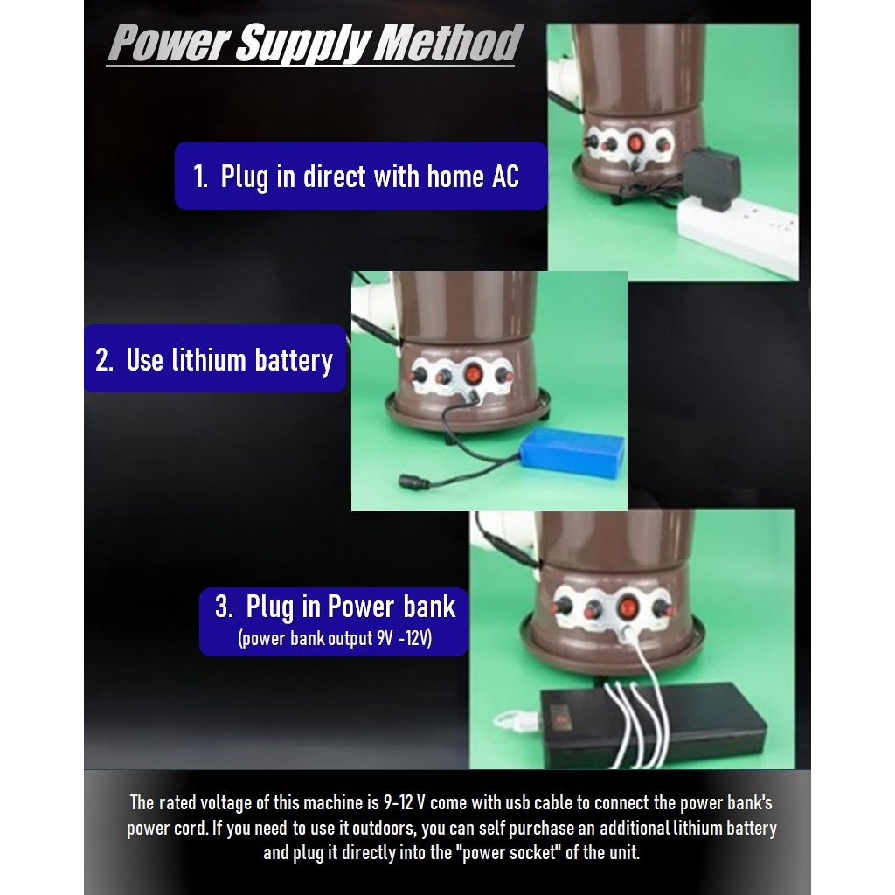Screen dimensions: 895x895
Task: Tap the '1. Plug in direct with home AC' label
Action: point(357,177)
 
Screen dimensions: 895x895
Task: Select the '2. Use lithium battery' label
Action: point(214,359)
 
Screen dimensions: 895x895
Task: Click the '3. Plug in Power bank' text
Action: point(336,607)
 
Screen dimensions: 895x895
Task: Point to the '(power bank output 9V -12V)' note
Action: point(335,639)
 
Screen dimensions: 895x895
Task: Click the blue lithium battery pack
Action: point(572,453)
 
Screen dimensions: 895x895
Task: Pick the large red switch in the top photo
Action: point(635,142)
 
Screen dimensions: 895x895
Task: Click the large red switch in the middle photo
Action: point(473,376)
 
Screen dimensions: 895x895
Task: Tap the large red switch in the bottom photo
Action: point(627,606)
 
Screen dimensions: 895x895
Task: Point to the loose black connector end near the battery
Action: point(411,481)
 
